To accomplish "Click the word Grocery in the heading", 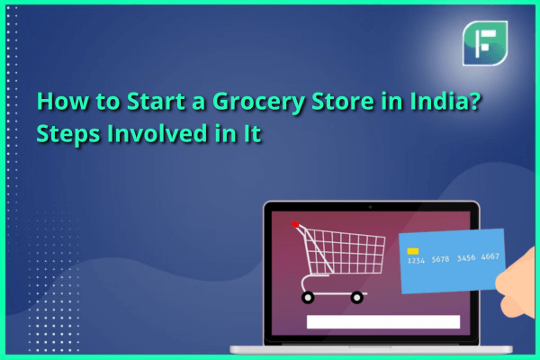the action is [x=258, y=103].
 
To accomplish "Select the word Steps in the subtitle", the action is [x=68, y=135].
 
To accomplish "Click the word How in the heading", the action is [x=62, y=101].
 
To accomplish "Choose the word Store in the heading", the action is [x=342, y=101].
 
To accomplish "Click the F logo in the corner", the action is [x=485, y=43].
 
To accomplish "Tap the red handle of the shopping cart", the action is [x=295, y=224].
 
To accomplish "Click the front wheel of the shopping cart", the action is [x=356, y=297].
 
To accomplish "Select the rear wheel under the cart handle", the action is [x=308, y=297].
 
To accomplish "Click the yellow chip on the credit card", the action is [x=413, y=251].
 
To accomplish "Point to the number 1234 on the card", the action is [x=416, y=261].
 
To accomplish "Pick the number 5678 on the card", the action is [x=440, y=259].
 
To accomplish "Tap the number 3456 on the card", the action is [x=466, y=258].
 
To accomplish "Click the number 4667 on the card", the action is [x=490, y=256].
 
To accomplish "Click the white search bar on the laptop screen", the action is [x=383, y=322].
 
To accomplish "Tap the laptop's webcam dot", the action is [x=370, y=207].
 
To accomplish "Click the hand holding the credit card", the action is [x=517, y=284].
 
